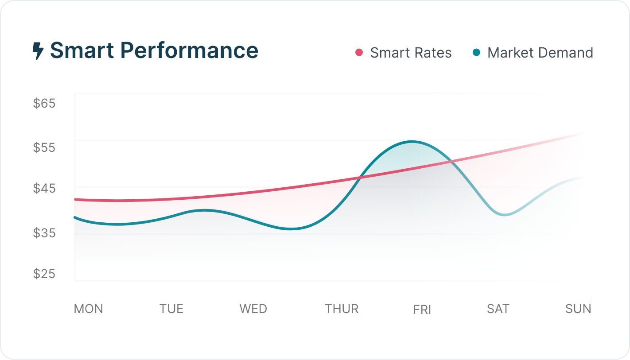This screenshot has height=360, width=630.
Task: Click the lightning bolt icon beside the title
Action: pyautogui.click(x=38, y=51)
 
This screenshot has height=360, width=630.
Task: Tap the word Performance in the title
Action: pyautogui.click(x=189, y=50)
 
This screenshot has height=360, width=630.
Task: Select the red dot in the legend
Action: pyautogui.click(x=359, y=53)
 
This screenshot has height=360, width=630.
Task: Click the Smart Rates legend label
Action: pyautogui.click(x=411, y=53)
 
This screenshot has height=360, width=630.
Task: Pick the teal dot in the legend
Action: pyautogui.click(x=476, y=53)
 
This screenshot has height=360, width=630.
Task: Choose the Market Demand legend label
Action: pyautogui.click(x=540, y=53)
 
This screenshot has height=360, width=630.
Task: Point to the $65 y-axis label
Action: pyautogui.click(x=44, y=104)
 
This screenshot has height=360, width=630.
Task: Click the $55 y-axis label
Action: pyautogui.click(x=44, y=147)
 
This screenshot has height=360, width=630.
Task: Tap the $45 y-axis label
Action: pyautogui.click(x=44, y=189)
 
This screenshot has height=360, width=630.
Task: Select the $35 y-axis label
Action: pyautogui.click(x=44, y=232)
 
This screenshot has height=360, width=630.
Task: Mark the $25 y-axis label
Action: pyautogui.click(x=44, y=274)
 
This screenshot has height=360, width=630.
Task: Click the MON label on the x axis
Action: pyautogui.click(x=89, y=309)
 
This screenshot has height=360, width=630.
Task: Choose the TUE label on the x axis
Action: pyautogui.click(x=171, y=309)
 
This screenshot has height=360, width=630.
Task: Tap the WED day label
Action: pyautogui.click(x=253, y=309)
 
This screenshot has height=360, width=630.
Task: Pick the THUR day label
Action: pyautogui.click(x=342, y=309)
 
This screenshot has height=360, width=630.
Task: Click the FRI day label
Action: pyautogui.click(x=422, y=310)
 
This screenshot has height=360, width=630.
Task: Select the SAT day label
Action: pyautogui.click(x=498, y=309)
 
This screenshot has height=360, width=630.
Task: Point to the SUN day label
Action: pyautogui.click(x=578, y=309)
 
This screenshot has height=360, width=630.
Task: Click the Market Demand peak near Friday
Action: pyautogui.click(x=412, y=142)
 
